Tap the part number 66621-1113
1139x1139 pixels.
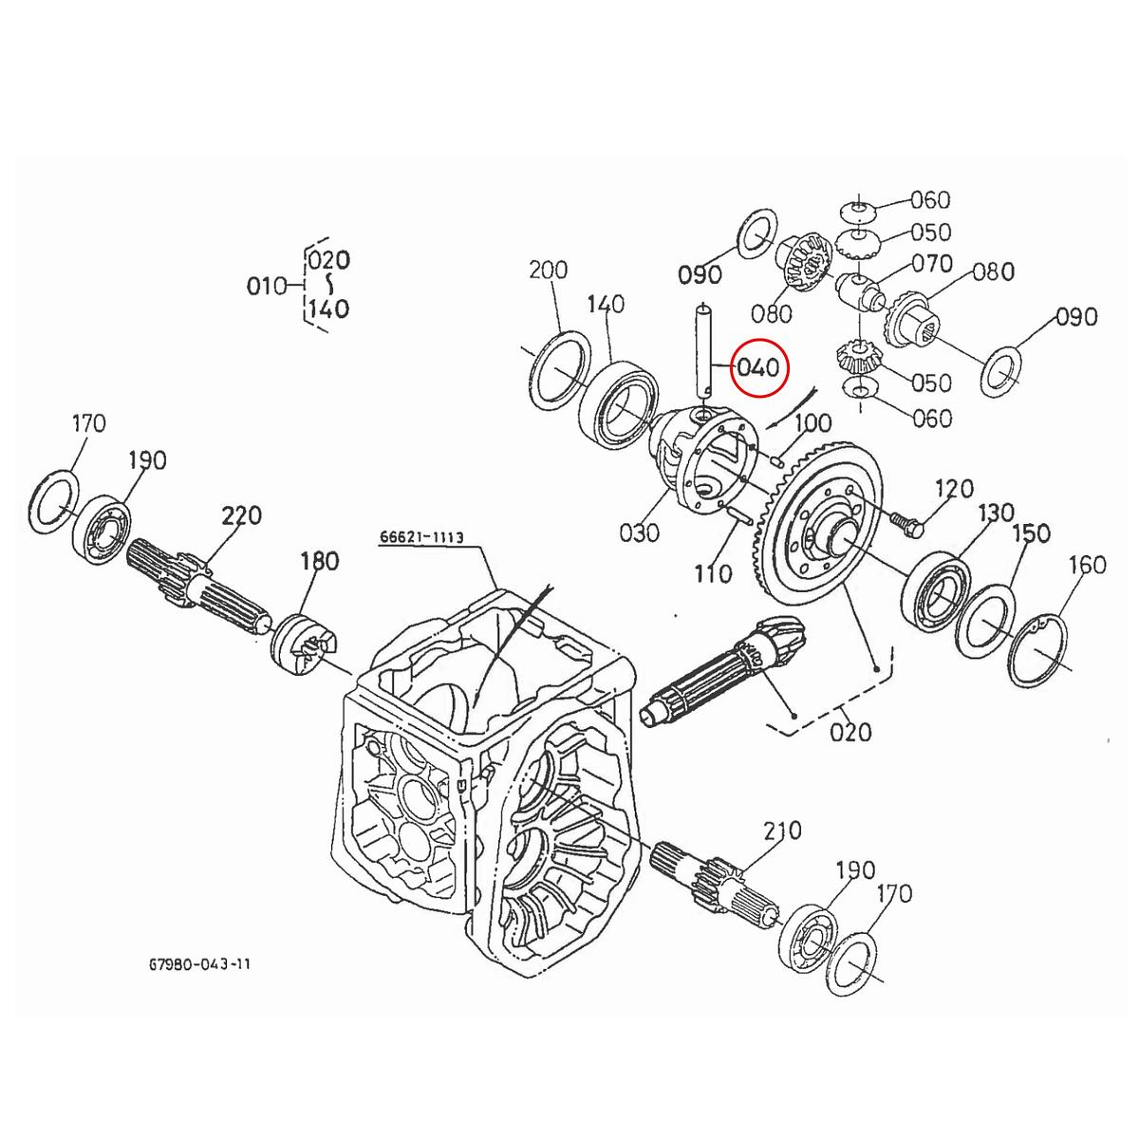(x=421, y=537)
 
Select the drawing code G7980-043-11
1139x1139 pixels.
(x=199, y=964)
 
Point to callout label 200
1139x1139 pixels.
(x=548, y=271)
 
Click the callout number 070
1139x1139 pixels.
(x=932, y=262)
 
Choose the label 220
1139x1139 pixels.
(x=242, y=516)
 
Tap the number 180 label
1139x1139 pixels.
(x=319, y=561)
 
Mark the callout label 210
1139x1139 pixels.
(x=782, y=831)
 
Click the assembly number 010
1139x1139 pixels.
(x=267, y=285)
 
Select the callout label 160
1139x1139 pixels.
(x=1087, y=565)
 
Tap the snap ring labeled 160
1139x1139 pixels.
(x=1041, y=649)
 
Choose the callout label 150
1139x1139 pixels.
(x=1031, y=533)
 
